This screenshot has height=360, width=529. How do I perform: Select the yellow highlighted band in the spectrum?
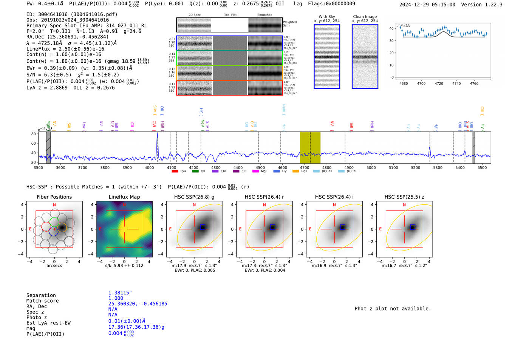click(x=310, y=147)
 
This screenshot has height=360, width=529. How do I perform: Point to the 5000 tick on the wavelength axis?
click(x=371, y=168)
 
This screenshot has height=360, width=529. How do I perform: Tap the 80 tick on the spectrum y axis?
click(x=34, y=134)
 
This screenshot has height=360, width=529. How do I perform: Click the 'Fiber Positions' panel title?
click(x=54, y=197)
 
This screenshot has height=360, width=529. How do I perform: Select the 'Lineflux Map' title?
click(x=124, y=197)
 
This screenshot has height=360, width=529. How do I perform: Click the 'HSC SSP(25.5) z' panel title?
click(x=404, y=197)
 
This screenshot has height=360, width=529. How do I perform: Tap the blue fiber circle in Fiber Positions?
click(x=54, y=232)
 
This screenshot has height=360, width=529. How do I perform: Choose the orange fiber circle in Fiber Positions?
click(x=62, y=227)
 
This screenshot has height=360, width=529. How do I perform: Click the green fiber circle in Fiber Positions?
click(x=54, y=222)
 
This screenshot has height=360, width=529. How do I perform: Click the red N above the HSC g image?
click(x=194, y=205)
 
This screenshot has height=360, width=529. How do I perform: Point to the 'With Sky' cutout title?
click(x=326, y=17)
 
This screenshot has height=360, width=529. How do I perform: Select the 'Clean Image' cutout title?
click(x=365, y=17)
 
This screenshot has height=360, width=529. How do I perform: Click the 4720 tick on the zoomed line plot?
click(x=439, y=83)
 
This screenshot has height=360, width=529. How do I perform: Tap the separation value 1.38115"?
click(x=120, y=293)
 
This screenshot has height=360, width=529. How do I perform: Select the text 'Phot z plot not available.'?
click(x=393, y=309)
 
